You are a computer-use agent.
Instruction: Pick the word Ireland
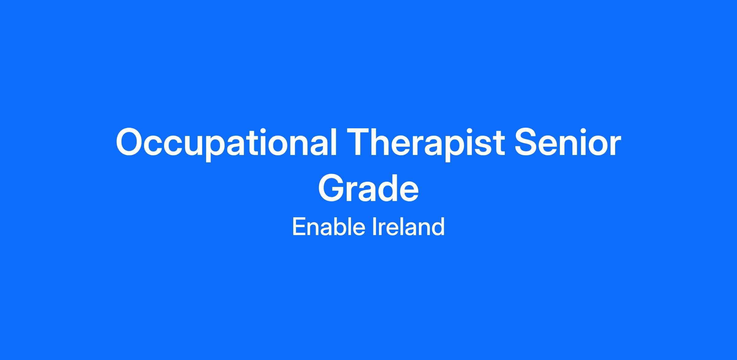(408, 226)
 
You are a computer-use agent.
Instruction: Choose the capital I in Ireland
(375, 226)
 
